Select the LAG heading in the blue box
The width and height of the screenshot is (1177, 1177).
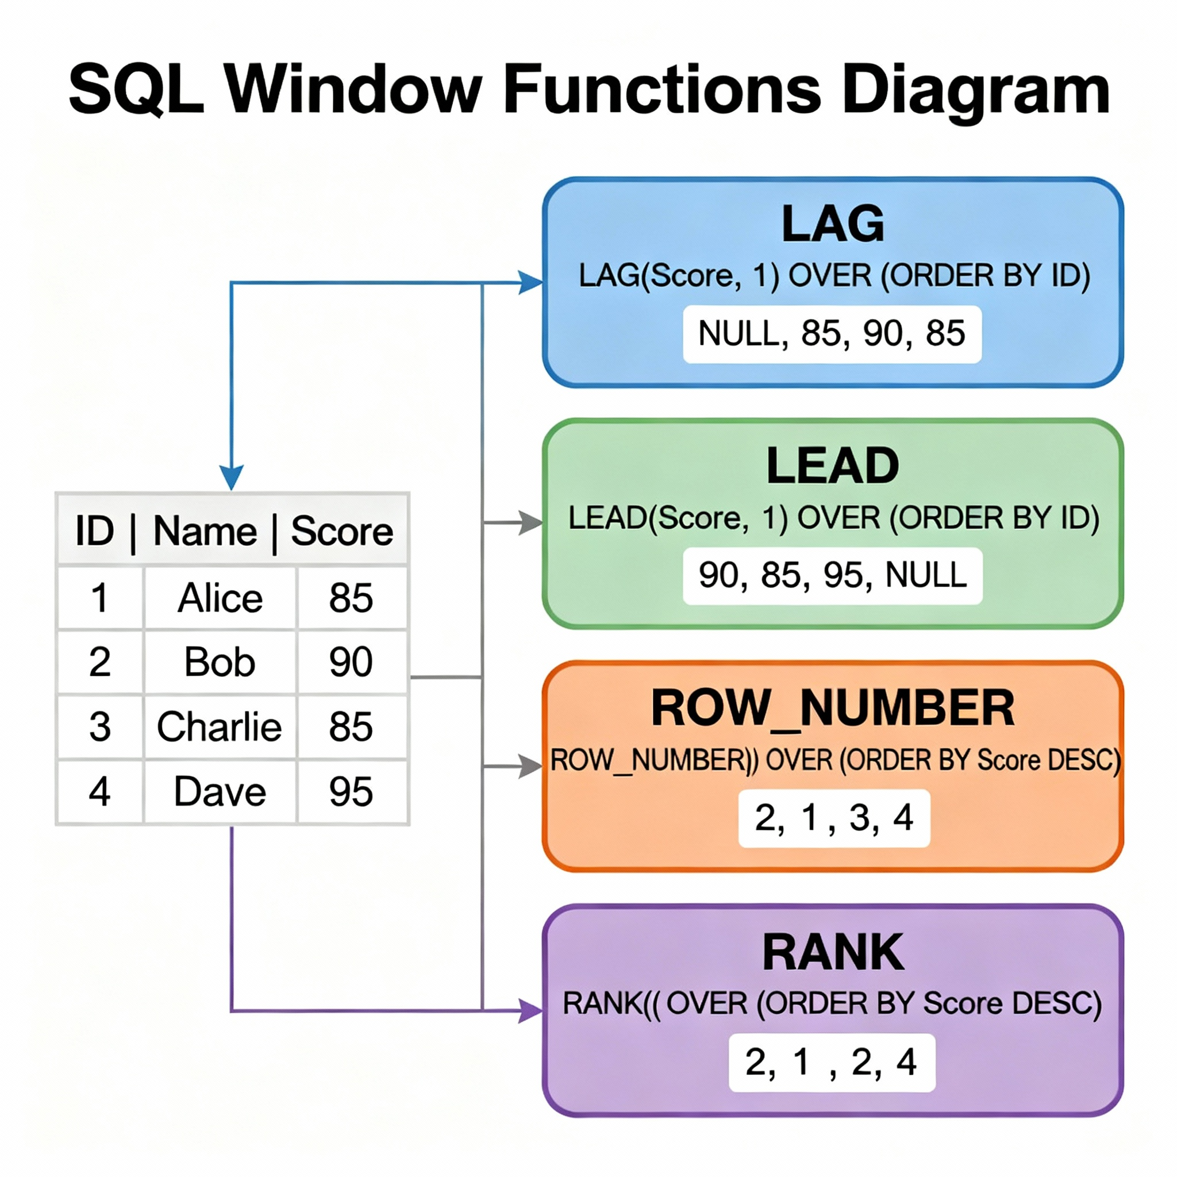832,224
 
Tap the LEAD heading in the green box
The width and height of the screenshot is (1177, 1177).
832,466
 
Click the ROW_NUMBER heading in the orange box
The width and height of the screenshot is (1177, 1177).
832,708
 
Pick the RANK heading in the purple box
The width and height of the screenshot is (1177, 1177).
832,952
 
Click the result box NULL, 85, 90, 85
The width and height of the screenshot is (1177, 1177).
832,334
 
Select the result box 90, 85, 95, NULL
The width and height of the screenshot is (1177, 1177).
832,575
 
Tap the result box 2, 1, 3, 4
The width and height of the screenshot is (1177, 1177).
833,818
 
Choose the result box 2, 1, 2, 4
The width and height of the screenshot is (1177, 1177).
832,1062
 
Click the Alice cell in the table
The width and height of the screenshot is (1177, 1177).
220,598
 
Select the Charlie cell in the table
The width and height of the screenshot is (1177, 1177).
220,727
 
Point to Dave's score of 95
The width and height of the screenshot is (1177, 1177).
351,792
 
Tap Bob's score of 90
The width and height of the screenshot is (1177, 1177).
351,662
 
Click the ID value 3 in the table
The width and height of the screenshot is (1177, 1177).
100,727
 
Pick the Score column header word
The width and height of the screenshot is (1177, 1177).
342,531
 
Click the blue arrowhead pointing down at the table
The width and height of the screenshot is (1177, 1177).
232,477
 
